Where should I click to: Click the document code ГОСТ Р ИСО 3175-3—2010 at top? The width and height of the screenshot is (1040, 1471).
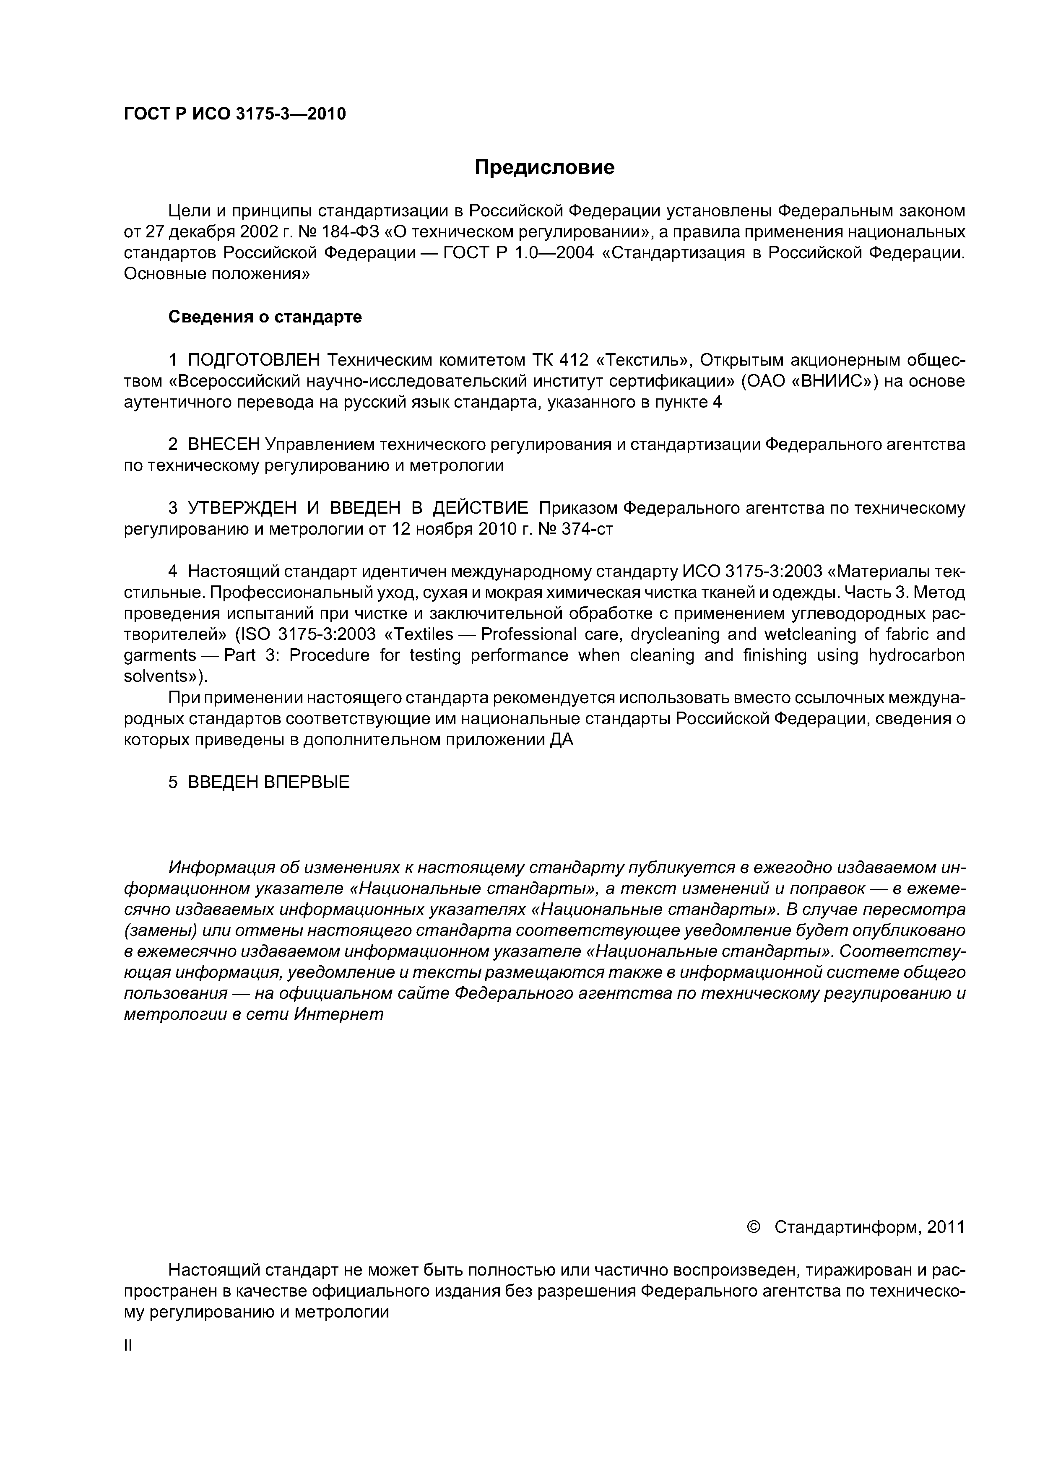(234, 114)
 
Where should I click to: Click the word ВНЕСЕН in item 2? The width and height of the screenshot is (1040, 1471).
(224, 444)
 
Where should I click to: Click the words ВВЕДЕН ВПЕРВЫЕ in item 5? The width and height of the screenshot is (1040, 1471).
(268, 782)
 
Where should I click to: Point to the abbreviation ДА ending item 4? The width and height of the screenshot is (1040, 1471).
(562, 741)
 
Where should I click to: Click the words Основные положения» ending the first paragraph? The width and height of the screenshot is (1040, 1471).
(216, 274)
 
